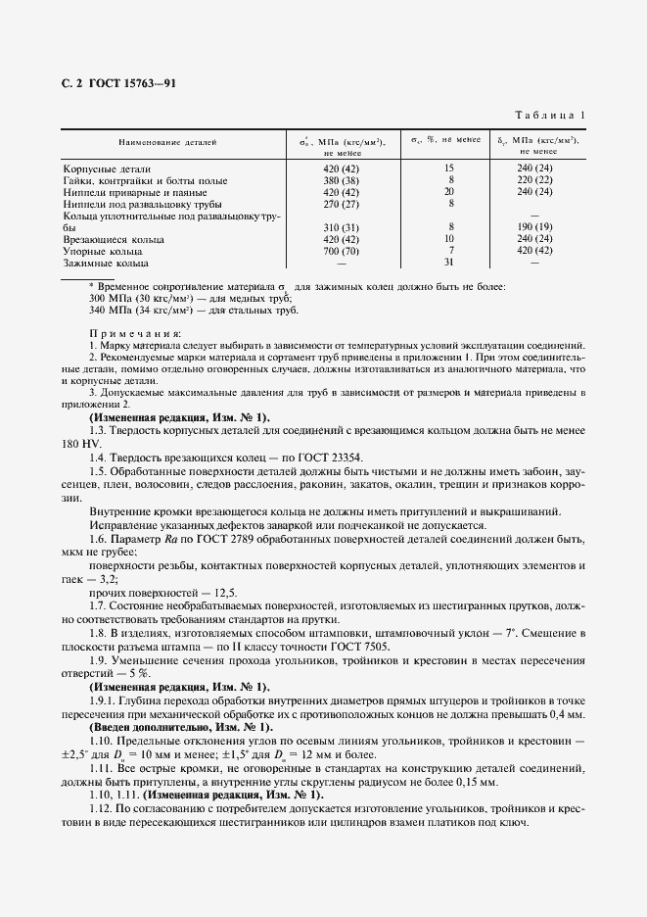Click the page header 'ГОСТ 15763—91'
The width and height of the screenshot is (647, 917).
(x=132, y=83)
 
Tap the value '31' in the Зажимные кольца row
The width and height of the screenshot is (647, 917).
(x=449, y=263)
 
